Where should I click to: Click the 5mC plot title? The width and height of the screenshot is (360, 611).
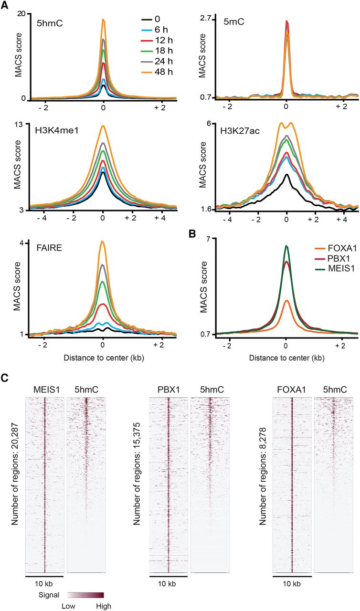233,21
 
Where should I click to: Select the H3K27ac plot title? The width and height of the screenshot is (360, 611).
240,132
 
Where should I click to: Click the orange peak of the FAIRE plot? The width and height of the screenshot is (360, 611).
103,242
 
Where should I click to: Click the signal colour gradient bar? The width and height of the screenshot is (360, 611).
85,595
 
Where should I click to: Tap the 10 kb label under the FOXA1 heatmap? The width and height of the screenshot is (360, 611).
292,584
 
